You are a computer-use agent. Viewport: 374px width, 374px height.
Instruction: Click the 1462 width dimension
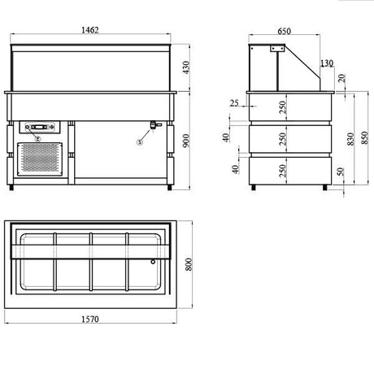[90, 30]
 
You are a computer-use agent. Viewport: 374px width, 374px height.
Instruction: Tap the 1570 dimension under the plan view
[90, 320]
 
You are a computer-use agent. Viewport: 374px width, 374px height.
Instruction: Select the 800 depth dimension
[189, 264]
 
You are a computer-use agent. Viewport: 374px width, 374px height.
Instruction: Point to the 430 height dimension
[186, 67]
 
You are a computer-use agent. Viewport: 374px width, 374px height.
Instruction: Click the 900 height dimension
[186, 141]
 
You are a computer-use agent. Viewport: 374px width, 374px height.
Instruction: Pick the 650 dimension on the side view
[284, 31]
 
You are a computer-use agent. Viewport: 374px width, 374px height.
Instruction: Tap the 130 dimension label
[327, 63]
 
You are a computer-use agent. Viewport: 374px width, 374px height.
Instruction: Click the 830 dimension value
[350, 139]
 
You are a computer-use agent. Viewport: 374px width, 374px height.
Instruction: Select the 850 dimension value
[365, 137]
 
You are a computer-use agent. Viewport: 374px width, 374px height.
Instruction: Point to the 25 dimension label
[234, 103]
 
